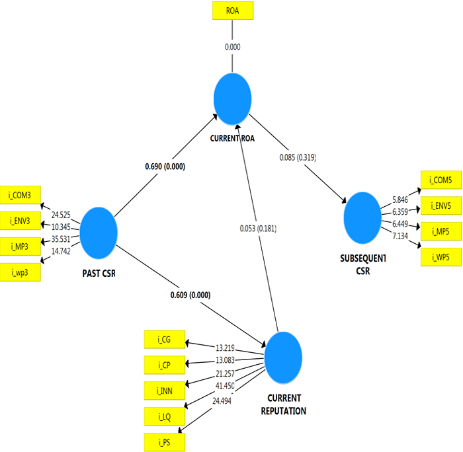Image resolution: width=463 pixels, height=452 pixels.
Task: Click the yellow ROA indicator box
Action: tap(232, 11)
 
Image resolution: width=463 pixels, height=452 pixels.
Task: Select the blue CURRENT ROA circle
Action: tap(233, 99)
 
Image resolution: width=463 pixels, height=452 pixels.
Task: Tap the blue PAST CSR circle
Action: tap(99, 231)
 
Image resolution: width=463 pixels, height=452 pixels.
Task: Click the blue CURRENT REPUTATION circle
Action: tap(283, 359)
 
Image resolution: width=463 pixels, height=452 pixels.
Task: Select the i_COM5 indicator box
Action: tap(441, 180)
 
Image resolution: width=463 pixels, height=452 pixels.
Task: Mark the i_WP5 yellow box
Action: tap(441, 256)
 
